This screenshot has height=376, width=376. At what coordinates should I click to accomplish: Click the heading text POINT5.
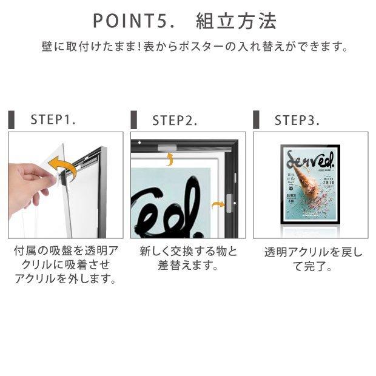(x=137, y=21)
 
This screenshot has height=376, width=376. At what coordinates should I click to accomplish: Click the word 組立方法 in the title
(x=236, y=21)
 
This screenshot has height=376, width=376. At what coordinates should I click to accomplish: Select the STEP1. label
(x=53, y=119)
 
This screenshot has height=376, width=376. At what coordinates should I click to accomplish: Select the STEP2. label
(x=175, y=120)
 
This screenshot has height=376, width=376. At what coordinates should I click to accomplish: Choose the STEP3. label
(x=297, y=120)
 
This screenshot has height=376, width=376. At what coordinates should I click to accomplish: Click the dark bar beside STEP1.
(x=12, y=119)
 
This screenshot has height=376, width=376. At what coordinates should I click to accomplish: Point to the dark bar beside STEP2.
(x=134, y=119)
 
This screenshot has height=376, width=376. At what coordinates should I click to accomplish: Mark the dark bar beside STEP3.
(x=257, y=119)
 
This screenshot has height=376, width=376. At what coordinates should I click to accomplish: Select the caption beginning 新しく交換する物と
(x=188, y=258)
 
